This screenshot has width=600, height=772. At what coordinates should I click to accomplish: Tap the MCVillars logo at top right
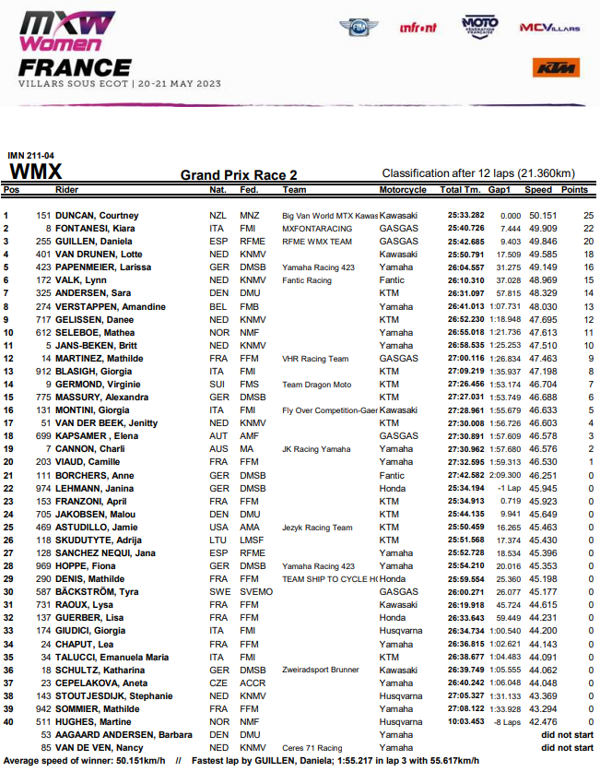549,29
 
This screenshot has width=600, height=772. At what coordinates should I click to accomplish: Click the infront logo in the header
418,28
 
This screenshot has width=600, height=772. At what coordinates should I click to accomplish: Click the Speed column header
538,190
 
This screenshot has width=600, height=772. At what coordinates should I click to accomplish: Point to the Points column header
574,190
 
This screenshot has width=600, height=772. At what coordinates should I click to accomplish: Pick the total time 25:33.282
465,215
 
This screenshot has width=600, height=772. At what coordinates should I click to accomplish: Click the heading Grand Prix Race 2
239,175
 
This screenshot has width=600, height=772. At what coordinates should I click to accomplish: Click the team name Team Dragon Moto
318,384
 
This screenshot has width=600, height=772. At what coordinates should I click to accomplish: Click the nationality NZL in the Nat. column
218,215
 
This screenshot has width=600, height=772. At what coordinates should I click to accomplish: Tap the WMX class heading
35,172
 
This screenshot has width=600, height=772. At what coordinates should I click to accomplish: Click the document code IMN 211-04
30,156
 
